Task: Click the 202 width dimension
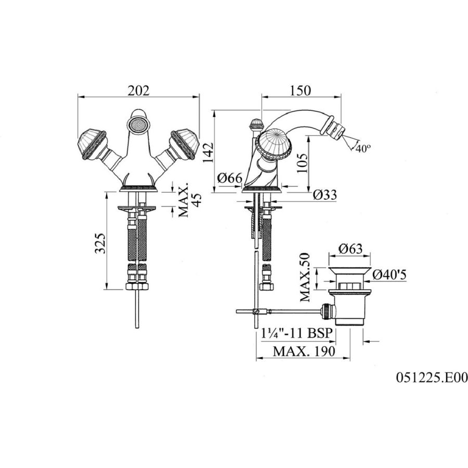point(138,90)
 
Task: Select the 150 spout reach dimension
point(300,90)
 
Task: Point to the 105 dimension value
point(302,163)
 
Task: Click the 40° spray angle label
point(363,148)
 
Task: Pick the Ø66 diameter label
point(229,178)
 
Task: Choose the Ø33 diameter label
point(324,195)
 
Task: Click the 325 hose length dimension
point(100,243)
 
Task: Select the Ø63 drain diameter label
point(350,249)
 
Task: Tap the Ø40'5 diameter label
point(389,275)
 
